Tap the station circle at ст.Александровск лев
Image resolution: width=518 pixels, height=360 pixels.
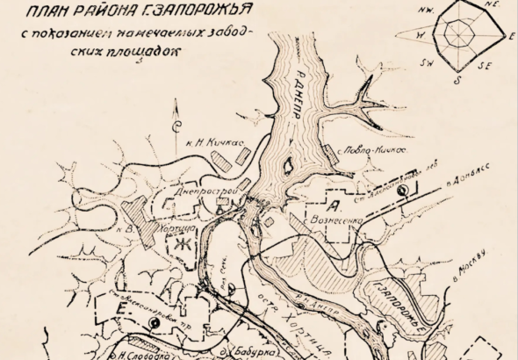point(402,190)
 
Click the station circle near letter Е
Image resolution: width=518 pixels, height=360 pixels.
point(155,323)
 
